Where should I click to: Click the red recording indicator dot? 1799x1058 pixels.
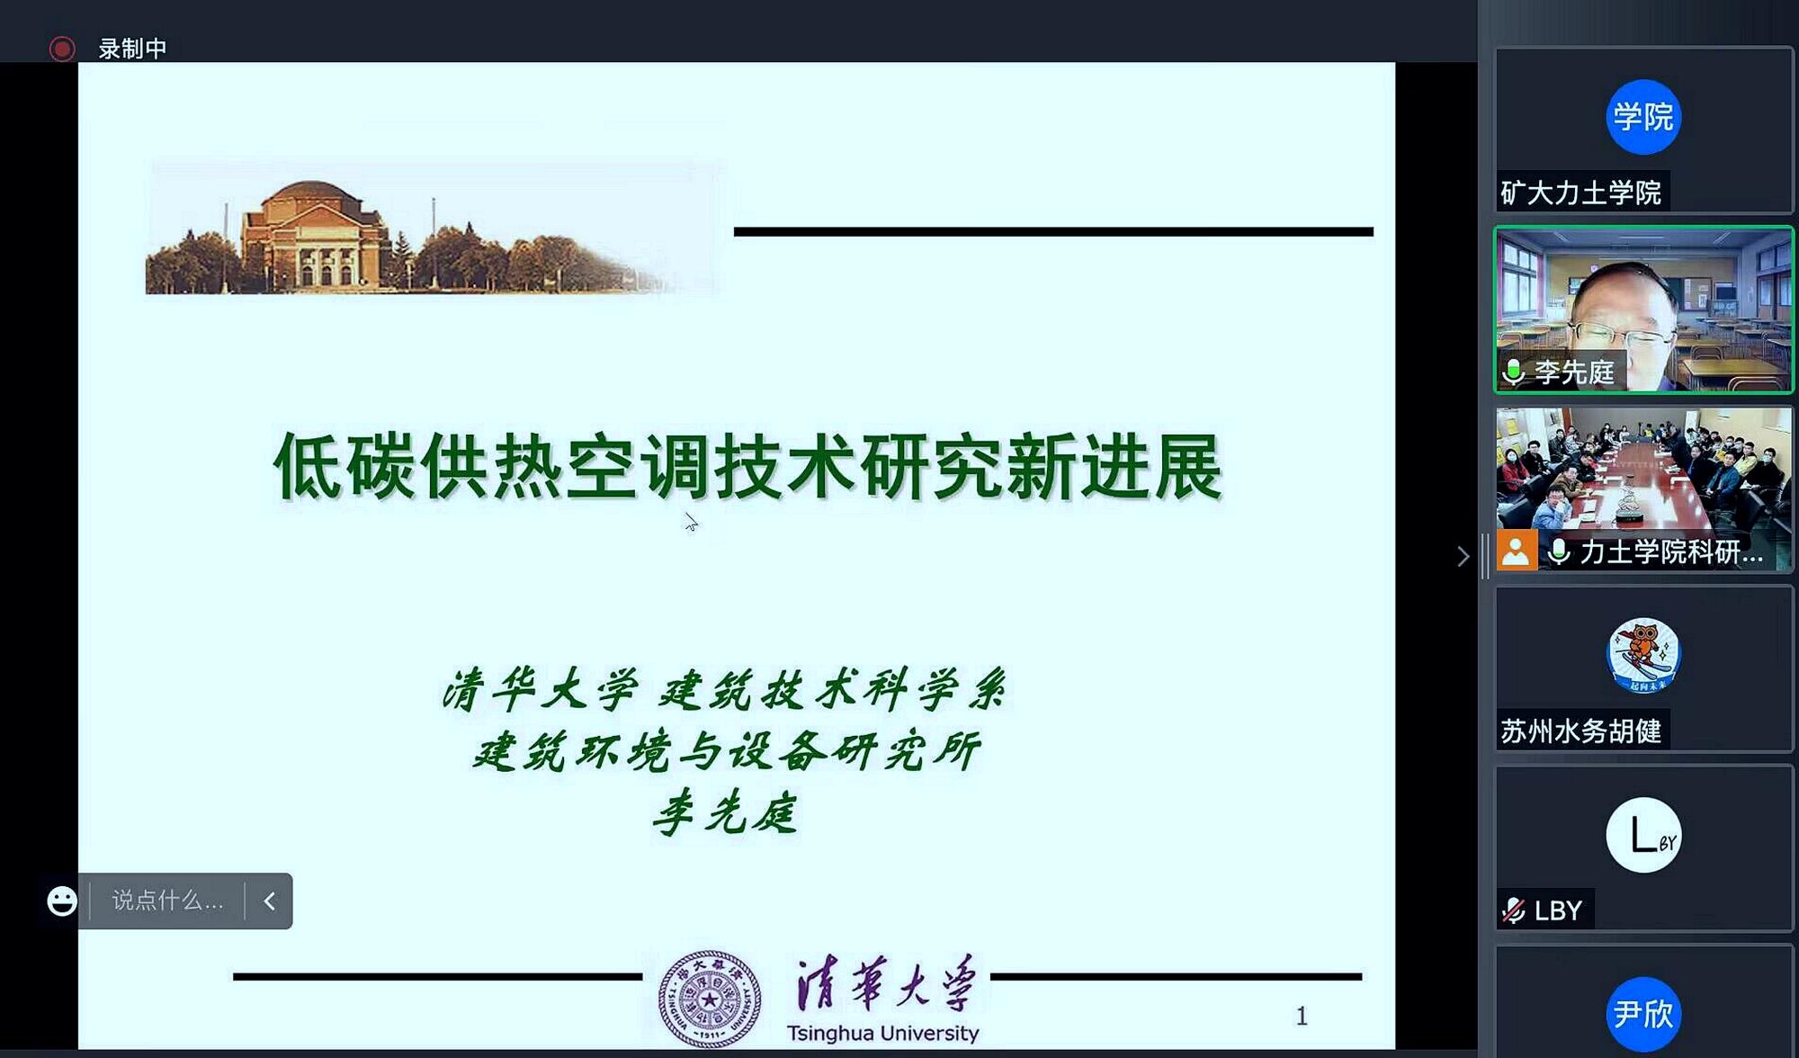point(62,49)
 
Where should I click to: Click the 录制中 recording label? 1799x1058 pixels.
point(132,49)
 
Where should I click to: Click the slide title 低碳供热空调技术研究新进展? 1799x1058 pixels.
point(747,466)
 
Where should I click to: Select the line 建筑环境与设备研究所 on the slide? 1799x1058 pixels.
point(726,751)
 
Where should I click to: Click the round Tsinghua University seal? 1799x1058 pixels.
point(709,999)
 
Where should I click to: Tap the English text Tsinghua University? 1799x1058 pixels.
point(882,1034)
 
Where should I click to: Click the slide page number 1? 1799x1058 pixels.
point(1301,1016)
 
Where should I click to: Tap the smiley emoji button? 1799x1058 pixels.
point(62,901)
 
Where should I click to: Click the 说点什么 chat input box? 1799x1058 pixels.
point(167,901)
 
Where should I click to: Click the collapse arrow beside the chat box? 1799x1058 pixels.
point(269,901)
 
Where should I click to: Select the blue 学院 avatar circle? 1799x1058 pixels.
point(1642,117)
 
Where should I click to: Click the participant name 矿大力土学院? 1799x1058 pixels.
point(1580,193)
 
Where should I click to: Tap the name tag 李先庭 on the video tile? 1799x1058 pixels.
point(1573,372)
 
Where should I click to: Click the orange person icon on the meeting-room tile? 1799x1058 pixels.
point(1516,551)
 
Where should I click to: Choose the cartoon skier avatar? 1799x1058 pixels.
point(1642,655)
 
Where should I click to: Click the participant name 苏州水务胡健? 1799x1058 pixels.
point(1580,731)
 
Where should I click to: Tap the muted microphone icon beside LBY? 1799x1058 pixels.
point(1514,910)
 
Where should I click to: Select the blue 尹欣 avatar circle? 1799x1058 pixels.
point(1642,1014)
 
